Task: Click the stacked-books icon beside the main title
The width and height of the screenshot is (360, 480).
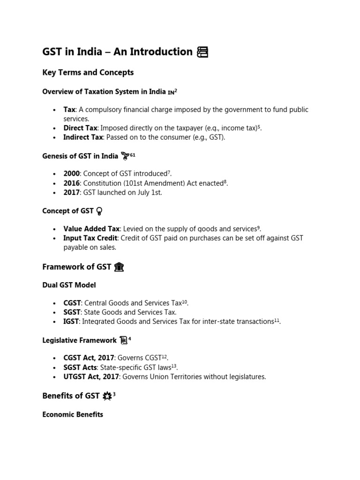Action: tap(202, 52)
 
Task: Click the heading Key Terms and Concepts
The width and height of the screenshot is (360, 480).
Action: tap(88, 72)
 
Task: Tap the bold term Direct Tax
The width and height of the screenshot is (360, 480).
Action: tap(80, 128)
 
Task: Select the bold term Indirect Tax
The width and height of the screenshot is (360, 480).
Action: tap(83, 137)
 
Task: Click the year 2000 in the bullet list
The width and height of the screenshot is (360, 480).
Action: tap(71, 174)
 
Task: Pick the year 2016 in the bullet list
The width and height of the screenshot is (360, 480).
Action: tap(71, 183)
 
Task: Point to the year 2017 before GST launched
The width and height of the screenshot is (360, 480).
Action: tap(71, 193)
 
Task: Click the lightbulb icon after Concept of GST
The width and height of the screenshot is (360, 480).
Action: tap(99, 211)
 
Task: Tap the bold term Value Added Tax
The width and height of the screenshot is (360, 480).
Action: tap(91, 229)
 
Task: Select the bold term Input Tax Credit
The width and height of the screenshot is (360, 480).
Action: tap(90, 238)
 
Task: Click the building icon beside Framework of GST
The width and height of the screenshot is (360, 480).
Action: tap(119, 267)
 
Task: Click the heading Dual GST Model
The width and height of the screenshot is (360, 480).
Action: tap(69, 285)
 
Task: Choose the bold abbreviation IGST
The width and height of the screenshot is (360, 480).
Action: tap(72, 322)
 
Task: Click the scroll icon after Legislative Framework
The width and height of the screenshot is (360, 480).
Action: tap(123, 340)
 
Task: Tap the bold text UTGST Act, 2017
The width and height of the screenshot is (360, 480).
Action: tap(91, 376)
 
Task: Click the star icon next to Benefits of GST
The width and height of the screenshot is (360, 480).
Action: tap(107, 396)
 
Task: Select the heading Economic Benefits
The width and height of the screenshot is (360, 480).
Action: tap(73, 414)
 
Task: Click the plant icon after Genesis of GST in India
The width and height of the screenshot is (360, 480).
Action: tap(125, 156)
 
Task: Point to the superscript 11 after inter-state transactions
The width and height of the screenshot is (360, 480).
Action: tap(277, 320)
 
